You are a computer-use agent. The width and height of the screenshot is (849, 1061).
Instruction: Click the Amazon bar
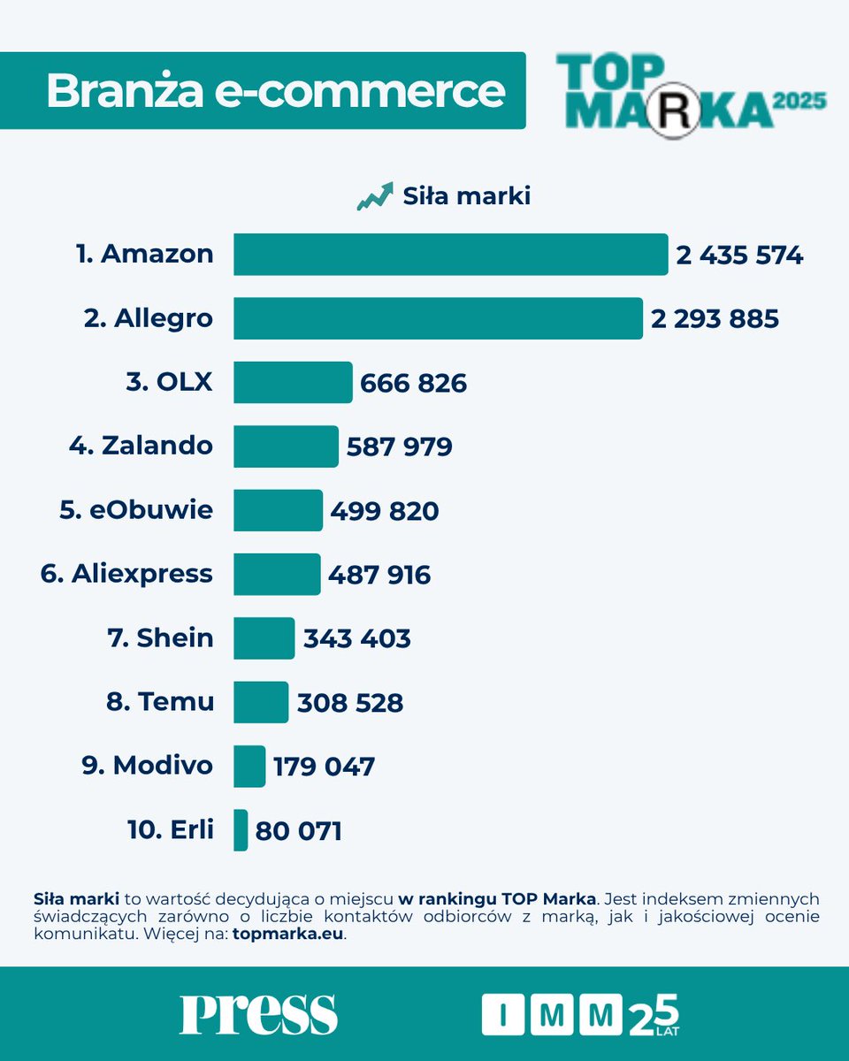(x=450, y=255)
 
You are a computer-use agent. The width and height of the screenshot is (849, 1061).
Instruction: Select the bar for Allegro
(x=438, y=318)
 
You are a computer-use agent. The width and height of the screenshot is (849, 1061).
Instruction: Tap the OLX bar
(x=293, y=383)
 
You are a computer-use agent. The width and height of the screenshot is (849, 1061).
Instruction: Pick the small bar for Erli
(x=241, y=830)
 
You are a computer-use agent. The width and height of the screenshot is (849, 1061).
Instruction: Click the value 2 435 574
(x=739, y=256)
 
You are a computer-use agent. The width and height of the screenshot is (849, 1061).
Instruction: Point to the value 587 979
(x=399, y=447)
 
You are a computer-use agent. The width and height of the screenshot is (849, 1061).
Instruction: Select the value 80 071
(x=298, y=831)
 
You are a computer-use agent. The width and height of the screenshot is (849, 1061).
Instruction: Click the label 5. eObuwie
(x=136, y=510)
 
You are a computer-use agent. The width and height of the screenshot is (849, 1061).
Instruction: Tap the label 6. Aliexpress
(x=126, y=574)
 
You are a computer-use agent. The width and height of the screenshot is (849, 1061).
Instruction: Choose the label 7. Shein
(x=160, y=637)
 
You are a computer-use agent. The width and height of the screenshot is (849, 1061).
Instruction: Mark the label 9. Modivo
(x=148, y=765)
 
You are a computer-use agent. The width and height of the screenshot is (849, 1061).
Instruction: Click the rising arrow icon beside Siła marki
(x=375, y=196)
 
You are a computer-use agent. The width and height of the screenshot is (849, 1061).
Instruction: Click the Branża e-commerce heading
(x=275, y=91)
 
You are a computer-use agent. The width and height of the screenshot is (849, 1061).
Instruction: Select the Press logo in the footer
(x=258, y=1013)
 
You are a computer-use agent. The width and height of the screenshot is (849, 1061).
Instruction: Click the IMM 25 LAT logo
(x=580, y=1014)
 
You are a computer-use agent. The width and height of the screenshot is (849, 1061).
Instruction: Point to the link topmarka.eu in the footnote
(x=288, y=935)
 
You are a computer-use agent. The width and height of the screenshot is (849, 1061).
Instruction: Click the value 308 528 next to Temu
(x=350, y=703)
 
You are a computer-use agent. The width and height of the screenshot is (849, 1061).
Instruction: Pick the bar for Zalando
(x=286, y=447)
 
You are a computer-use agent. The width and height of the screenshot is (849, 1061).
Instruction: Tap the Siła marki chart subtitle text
(x=466, y=196)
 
